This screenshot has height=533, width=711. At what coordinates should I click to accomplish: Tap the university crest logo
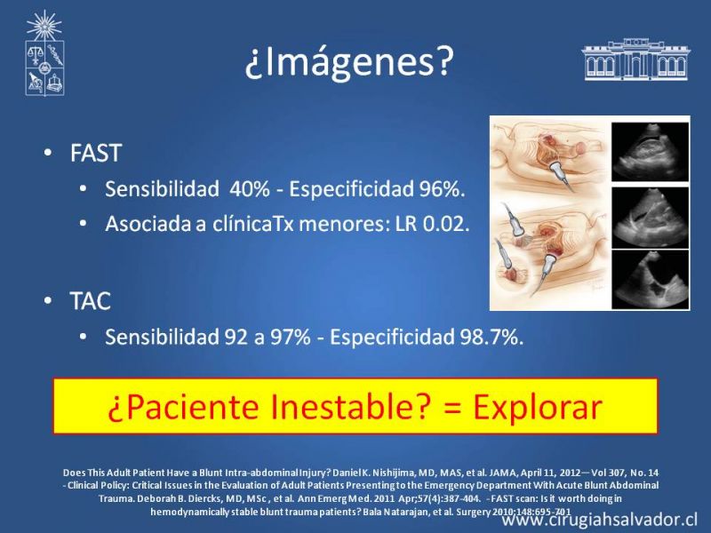(44, 53)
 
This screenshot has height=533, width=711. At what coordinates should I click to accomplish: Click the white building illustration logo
(635, 60)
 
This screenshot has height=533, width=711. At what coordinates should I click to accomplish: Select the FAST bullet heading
(96, 153)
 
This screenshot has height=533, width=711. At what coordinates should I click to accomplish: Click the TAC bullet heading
(91, 301)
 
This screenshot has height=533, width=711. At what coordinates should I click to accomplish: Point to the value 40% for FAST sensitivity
(250, 188)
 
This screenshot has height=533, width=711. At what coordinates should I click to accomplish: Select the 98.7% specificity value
(491, 337)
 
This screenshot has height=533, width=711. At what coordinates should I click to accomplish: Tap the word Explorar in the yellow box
(538, 407)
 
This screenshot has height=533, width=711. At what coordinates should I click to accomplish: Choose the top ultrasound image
(651, 152)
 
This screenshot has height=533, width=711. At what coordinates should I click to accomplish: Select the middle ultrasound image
(651, 218)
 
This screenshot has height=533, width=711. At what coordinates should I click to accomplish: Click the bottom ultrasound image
(651, 279)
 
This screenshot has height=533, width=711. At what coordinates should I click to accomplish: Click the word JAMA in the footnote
(502, 473)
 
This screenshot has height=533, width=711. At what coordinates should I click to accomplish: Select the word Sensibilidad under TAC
(162, 337)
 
